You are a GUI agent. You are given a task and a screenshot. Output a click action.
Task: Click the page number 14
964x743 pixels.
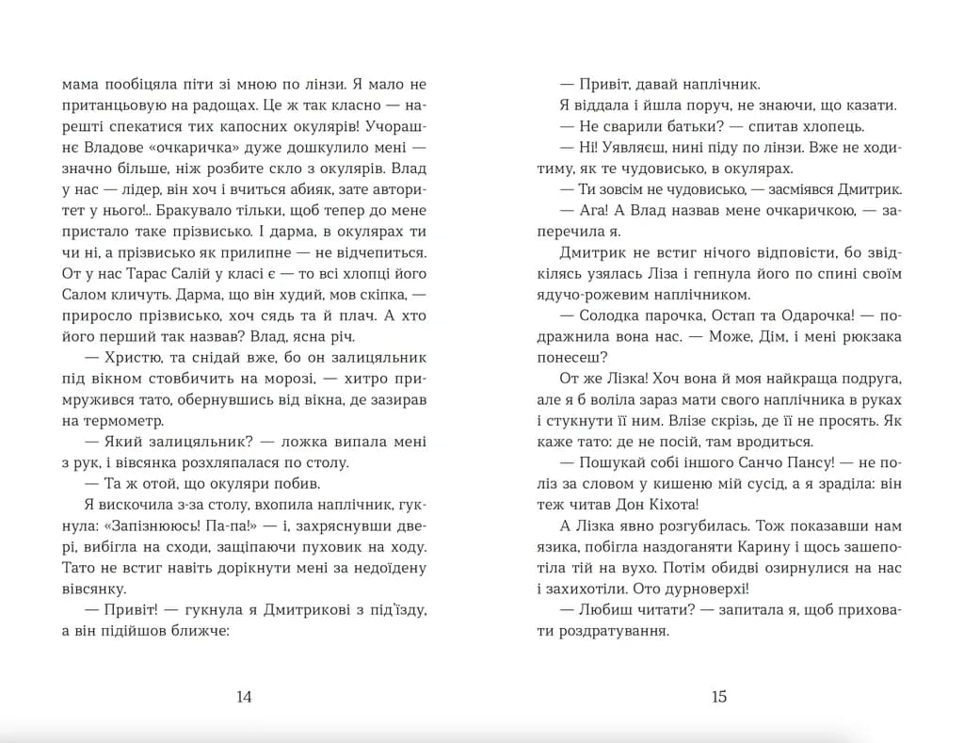(244, 698)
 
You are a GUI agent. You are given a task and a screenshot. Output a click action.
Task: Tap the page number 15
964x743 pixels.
(719, 698)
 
